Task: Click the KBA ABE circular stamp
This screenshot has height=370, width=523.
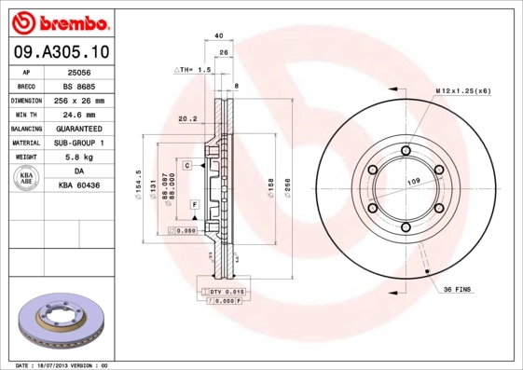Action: (27, 179)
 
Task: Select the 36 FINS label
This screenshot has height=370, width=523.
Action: (461, 290)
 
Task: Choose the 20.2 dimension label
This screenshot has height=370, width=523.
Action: (186, 118)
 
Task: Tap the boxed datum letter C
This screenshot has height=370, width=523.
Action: (187, 165)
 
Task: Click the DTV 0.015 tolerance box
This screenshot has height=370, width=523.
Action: (220, 293)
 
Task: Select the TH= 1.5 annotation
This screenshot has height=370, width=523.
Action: (194, 70)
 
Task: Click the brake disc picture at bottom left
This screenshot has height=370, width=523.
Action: (61, 322)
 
